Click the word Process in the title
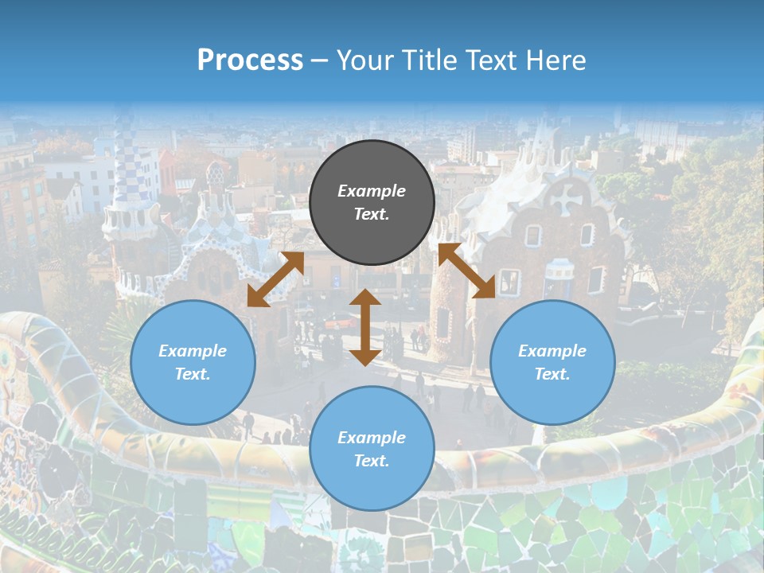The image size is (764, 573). pyautogui.click(x=250, y=60)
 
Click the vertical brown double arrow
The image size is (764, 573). pyautogui.click(x=365, y=327)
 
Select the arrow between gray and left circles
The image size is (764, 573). pyautogui.click(x=275, y=279)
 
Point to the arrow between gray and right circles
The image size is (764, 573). pyautogui.click(x=466, y=271)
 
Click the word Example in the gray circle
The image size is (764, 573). pyautogui.click(x=372, y=191)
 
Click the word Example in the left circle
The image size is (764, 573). pyautogui.click(x=193, y=351)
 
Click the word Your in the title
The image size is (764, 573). pyautogui.click(x=359, y=60)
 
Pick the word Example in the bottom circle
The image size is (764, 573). pyautogui.click(x=372, y=438)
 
